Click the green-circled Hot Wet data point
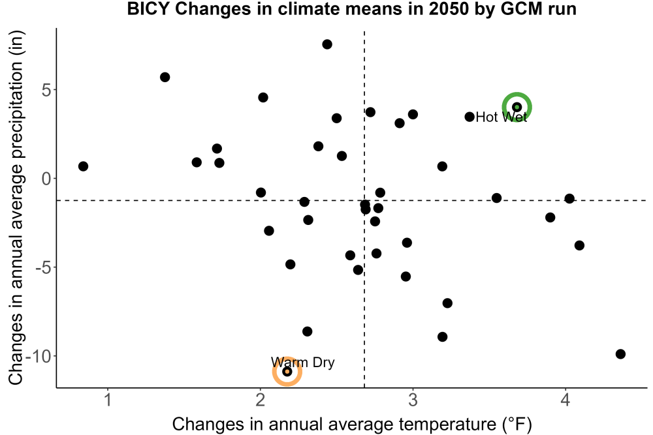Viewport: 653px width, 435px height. (x=517, y=107)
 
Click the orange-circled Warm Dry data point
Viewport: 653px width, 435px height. (x=287, y=371)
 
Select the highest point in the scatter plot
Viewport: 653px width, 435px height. (x=327, y=44)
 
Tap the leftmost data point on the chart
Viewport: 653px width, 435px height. (x=84, y=166)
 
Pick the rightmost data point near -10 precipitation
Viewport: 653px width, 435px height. (x=620, y=354)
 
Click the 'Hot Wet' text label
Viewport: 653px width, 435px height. (x=501, y=117)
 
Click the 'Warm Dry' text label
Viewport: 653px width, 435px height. (x=303, y=362)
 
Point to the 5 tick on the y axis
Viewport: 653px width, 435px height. (x=46, y=90)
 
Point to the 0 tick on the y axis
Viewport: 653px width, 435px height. (x=46, y=179)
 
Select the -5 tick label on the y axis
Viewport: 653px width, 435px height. (x=43, y=267)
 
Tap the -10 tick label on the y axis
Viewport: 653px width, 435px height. (x=39, y=356)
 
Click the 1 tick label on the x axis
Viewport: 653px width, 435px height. (x=108, y=400)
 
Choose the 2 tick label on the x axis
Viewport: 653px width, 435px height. (x=261, y=400)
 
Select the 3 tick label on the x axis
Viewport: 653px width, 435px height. (x=413, y=400)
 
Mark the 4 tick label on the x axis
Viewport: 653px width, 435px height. (x=565, y=400)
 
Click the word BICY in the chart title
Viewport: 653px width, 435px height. (x=148, y=8)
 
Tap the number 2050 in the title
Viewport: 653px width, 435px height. (x=450, y=8)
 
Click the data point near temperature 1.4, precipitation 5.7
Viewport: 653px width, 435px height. (x=165, y=78)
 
